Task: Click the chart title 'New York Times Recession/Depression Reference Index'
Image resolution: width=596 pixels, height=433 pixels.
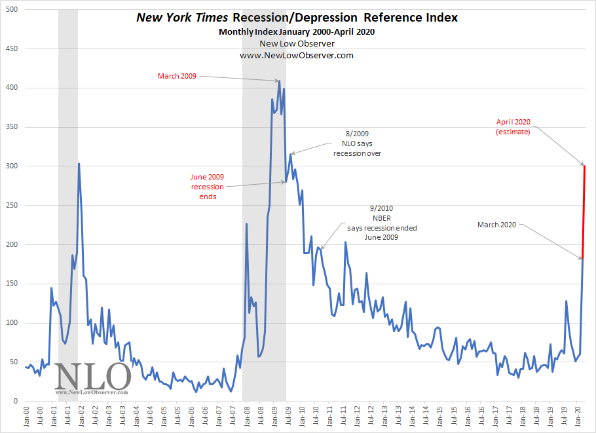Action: pos(297,18)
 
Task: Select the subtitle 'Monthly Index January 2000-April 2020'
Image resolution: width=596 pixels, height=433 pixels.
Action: pos(297,31)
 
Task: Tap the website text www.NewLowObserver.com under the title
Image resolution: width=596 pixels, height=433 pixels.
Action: pos(297,55)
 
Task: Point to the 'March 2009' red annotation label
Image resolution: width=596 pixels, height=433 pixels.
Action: pos(177,77)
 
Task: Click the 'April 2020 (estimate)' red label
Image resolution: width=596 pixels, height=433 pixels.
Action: pos(513,126)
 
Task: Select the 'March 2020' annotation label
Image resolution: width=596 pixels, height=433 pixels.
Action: pos(496,225)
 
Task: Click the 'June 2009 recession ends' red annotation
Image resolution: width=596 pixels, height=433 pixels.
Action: pos(207,186)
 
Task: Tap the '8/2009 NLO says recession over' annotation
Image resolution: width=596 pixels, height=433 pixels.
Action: pos(357,143)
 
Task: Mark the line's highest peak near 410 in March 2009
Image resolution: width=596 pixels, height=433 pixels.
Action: pos(279,81)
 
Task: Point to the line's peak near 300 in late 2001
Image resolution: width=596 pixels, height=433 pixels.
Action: pos(79,164)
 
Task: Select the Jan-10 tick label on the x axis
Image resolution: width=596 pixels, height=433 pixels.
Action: pos(302,417)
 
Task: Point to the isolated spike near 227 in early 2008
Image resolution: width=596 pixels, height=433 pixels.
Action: pos(246,224)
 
